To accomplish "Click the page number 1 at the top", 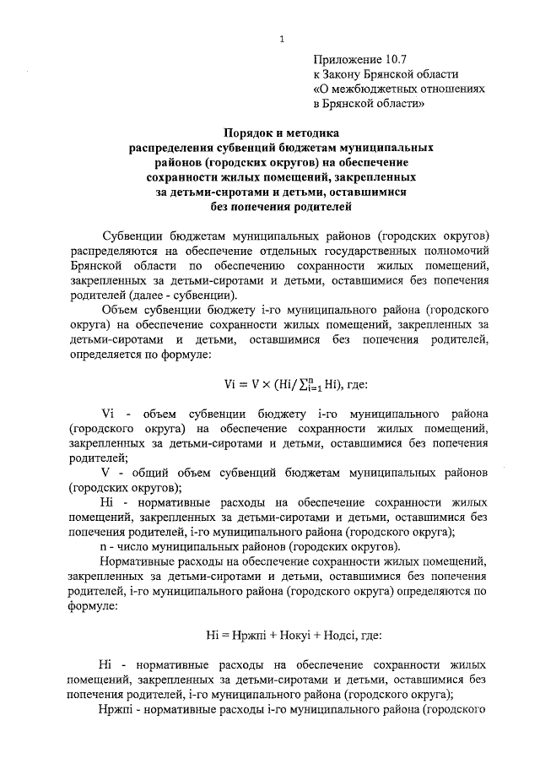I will point(282,37).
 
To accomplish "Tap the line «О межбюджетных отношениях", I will point(399,89).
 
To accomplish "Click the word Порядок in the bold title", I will point(250,133).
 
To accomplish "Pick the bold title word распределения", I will point(170,147).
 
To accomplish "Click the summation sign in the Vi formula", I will point(310,387).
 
